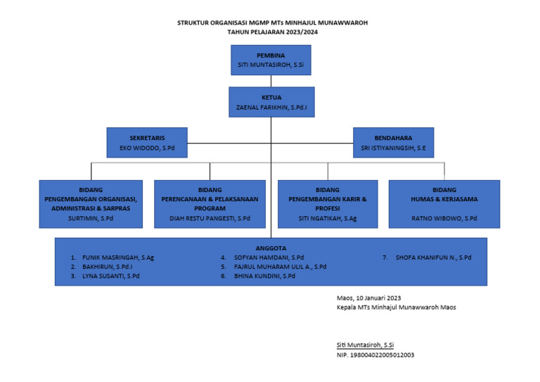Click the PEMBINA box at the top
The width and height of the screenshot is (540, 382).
[271, 60]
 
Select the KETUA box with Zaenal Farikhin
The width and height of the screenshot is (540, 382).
[271, 101]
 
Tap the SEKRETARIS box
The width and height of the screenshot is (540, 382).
[146, 141]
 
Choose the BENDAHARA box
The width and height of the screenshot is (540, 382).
[393, 141]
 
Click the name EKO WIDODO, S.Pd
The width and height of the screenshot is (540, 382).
[146, 148]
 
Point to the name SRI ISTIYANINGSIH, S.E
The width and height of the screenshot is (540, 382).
[393, 148]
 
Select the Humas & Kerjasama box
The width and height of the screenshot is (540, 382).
[444, 204]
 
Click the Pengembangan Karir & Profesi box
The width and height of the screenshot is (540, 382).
[328, 204]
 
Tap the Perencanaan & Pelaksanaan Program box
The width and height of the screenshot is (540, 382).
[210, 204]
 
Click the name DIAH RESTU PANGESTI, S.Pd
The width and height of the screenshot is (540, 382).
[210, 219]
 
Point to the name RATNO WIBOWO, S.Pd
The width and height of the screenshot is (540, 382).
[444, 219]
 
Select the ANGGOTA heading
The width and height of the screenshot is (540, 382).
[271, 248]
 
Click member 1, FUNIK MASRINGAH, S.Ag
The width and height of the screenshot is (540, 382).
[117, 257]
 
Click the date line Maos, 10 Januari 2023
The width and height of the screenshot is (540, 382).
[369, 298]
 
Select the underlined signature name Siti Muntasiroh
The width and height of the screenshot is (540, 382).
[366, 345]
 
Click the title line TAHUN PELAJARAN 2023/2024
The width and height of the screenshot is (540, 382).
[271, 32]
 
